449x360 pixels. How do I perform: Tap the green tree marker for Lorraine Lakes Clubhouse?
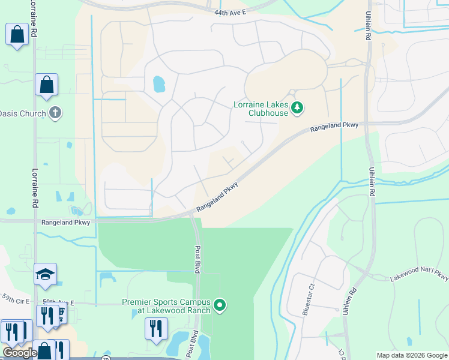pos(297,108)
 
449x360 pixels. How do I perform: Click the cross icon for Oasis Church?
pos(55,112)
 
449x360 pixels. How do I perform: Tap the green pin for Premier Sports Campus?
pos(220,305)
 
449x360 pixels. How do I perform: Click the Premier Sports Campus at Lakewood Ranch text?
pos(166,306)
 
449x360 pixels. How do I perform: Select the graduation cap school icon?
pos(46,275)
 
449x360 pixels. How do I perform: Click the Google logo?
pos(20,353)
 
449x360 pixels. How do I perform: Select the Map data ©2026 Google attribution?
pos(412,355)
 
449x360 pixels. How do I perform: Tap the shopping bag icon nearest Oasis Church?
pos(46,86)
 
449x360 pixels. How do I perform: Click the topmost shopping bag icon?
pos(17,35)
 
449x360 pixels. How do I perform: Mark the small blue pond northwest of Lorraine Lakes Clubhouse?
pos(159,84)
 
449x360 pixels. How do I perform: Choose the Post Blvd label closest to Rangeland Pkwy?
pos(197,259)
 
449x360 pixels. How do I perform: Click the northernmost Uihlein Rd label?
pos(367,27)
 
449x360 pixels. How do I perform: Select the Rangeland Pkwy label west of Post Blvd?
pos(66,222)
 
